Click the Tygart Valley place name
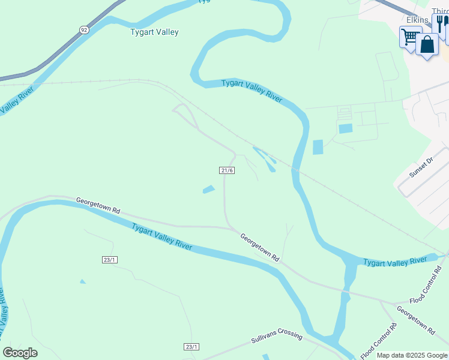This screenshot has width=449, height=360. click(154, 32)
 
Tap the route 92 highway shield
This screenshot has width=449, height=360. click(83, 29)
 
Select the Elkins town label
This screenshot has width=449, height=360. click(417, 20)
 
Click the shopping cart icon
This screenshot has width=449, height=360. click(410, 37)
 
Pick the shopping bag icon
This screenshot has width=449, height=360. click(427, 44)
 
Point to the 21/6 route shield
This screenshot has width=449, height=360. click(227, 170)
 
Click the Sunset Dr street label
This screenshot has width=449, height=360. click(421, 168)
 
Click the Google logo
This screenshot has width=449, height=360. click(20, 353)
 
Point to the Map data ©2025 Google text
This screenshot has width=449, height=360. click(411, 355)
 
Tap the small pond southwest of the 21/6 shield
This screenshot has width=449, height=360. click(208, 190)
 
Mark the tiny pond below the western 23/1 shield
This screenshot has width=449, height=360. click(82, 281)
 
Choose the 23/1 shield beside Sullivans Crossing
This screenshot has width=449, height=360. click(191, 347)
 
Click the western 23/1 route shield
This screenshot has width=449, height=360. click(109, 259)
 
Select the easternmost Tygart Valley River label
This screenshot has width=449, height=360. click(394, 262)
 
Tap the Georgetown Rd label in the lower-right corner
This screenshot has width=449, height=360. click(415, 319)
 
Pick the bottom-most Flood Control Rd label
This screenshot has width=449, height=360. click(379, 340)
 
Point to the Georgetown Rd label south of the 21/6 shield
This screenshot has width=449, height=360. click(260, 246)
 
